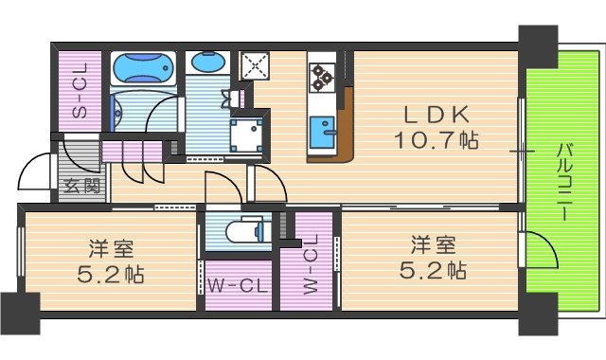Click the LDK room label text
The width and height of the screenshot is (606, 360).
click(436, 115)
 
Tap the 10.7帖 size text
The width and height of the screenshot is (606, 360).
click(436, 141)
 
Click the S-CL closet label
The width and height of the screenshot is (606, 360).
click(80, 91)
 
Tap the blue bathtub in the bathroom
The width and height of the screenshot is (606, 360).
click(144, 69)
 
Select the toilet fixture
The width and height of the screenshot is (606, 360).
click(248, 230)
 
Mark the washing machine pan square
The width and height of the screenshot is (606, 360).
click(249, 135)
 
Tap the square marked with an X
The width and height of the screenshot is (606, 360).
click(256, 67)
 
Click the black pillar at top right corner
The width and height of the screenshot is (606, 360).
click(538, 41)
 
